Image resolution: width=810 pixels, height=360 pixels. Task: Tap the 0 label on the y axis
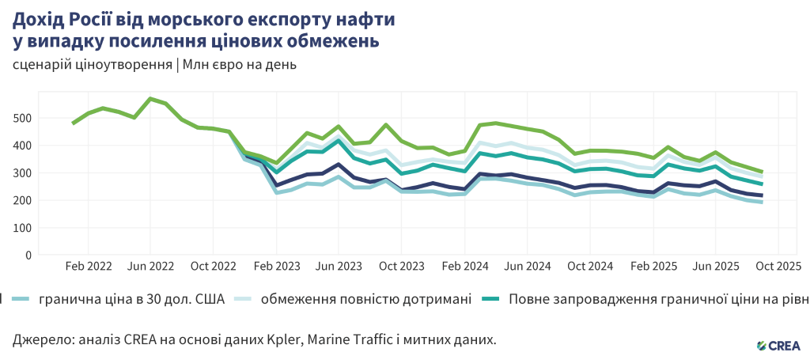coord(28,256)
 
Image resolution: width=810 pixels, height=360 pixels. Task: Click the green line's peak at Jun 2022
coord(150,99)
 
